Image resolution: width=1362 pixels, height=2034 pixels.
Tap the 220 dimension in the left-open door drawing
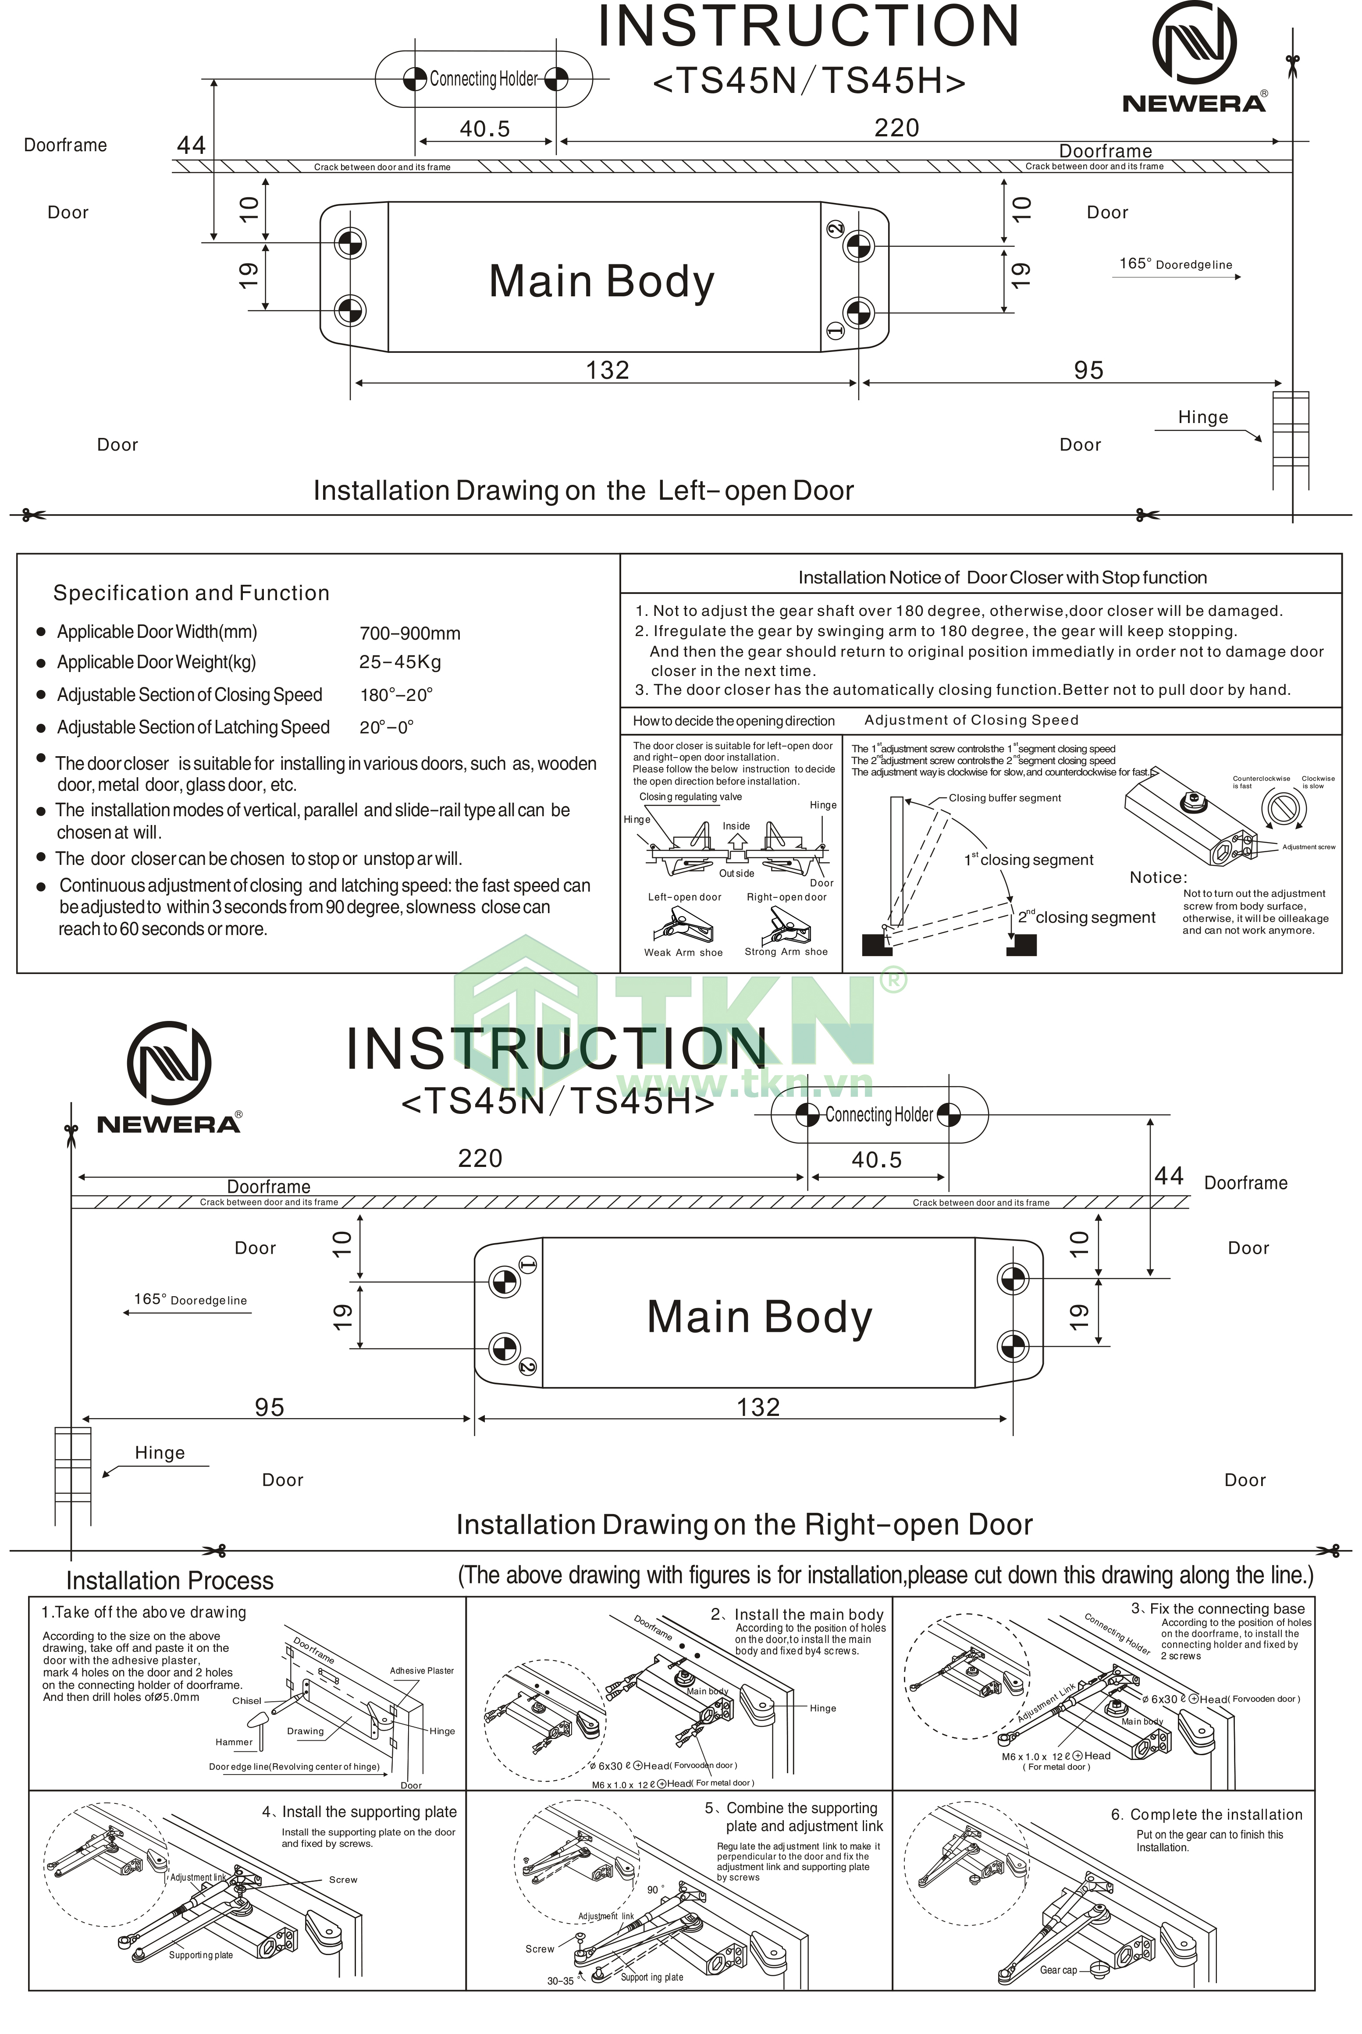click(x=896, y=128)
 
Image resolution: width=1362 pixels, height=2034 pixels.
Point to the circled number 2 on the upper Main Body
click(x=835, y=228)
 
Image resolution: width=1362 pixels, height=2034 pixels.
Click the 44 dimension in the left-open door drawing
click(x=191, y=145)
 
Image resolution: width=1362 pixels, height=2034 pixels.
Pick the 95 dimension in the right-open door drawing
click(x=269, y=1408)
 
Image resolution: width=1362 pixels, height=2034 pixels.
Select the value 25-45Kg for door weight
click(x=399, y=663)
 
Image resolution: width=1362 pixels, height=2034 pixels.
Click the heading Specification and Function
click(x=191, y=593)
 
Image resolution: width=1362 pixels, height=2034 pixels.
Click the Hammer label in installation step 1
click(x=234, y=1742)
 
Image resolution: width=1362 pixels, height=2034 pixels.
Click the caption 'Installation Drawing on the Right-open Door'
click(x=744, y=1525)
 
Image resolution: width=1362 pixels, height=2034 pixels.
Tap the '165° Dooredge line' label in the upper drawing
click(x=1175, y=264)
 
